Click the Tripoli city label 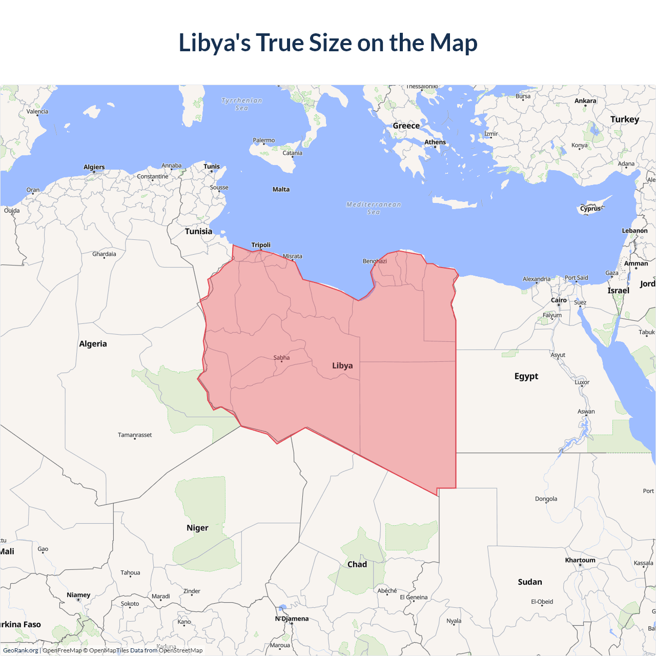tap(261, 245)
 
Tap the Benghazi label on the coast tap(375, 261)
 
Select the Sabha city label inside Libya tap(281, 358)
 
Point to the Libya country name tap(342, 365)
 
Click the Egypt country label tap(526, 376)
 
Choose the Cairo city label tap(559, 300)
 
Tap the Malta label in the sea tap(281, 190)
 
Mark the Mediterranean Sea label tap(374, 208)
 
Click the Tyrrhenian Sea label tap(241, 104)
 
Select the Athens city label tap(435, 142)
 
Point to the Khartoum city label tap(580, 560)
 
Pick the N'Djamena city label tap(292, 619)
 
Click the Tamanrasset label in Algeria tap(135, 435)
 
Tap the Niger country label tap(197, 528)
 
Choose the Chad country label tap(357, 564)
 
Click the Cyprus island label tap(590, 209)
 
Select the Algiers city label tap(94, 167)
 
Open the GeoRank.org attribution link tap(20, 650)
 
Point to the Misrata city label tap(293, 256)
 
